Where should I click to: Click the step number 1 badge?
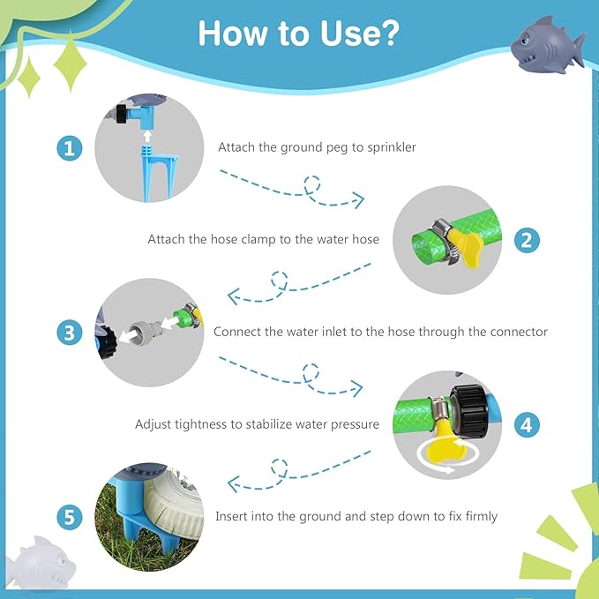tap(70, 148)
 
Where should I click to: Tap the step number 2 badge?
tap(527, 240)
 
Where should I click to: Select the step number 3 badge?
tap(70, 333)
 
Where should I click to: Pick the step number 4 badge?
tap(527, 424)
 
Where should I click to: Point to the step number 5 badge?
tap(70, 517)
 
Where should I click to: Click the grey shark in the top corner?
tap(548, 45)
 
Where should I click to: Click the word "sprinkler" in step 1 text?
tap(392, 147)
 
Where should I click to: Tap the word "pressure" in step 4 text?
tap(355, 425)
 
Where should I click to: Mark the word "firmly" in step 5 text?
tap(482, 516)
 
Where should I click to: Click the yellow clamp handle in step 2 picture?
tap(465, 246)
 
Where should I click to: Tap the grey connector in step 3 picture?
tap(146, 329)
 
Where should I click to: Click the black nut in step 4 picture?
tap(468, 411)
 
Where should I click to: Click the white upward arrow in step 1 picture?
tap(147, 137)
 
